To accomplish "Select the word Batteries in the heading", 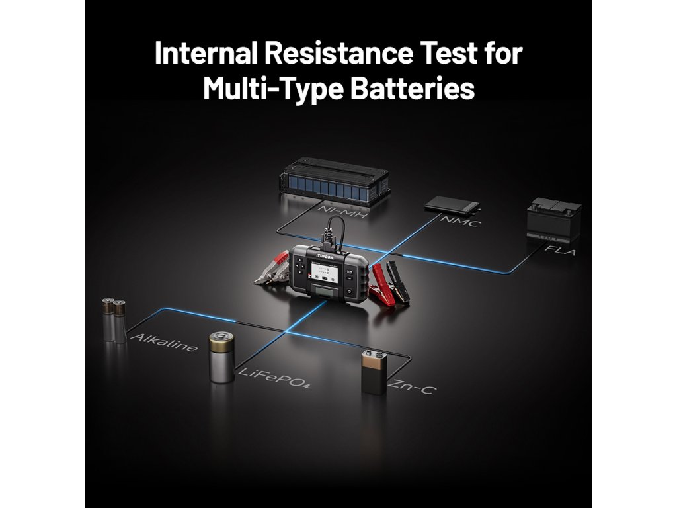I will click(x=413, y=88).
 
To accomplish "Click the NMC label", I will click(x=459, y=224).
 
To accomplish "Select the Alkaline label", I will click(x=163, y=342).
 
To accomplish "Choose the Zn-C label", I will click(x=411, y=387).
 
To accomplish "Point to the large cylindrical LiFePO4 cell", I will click(x=221, y=357).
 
